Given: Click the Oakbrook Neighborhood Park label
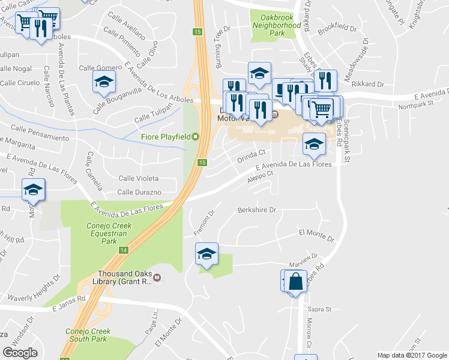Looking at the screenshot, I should (x=277, y=26).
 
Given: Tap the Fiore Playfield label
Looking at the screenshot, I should (x=166, y=137).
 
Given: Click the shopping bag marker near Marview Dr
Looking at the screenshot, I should (x=295, y=281).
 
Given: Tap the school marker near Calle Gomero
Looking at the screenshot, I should (x=104, y=82).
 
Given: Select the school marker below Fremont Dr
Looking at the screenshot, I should (x=206, y=254).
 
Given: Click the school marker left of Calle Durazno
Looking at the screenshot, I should (x=33, y=190).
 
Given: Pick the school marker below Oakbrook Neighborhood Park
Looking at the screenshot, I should (x=259, y=74).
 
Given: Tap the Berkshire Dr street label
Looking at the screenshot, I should (x=256, y=210).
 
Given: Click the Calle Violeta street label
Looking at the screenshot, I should (x=139, y=178).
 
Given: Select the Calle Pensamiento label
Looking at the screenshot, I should (x=40, y=133).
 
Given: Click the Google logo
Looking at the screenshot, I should (x=20, y=353).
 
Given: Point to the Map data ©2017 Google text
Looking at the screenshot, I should (x=412, y=355).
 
